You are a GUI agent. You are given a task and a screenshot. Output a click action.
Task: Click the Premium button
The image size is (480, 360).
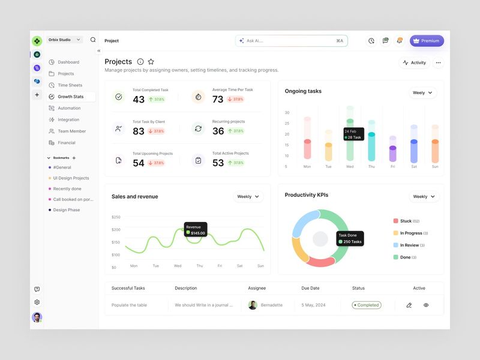pyautogui.click(x=427, y=41)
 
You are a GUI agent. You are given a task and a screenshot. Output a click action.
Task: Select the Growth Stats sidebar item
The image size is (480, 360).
pyautogui.click(x=71, y=97)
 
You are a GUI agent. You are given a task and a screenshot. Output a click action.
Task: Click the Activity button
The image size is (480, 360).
pyautogui.click(x=414, y=62)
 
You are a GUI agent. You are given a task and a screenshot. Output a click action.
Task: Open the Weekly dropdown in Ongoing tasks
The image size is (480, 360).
pyautogui.click(x=422, y=93)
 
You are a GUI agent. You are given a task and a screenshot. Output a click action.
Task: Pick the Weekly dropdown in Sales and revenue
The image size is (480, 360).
pyautogui.click(x=248, y=196)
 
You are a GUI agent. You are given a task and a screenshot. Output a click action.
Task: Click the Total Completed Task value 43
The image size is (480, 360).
pyautogui.click(x=139, y=100)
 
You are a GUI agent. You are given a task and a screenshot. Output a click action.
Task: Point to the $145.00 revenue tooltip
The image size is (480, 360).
pyautogui.click(x=196, y=230)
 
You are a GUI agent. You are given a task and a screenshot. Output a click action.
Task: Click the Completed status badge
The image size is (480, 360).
pyautogui.click(x=366, y=305)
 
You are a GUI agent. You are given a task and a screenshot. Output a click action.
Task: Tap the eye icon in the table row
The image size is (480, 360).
pyautogui.click(x=426, y=305)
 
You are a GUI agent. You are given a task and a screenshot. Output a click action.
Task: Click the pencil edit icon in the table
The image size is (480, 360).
pyautogui.click(x=409, y=305)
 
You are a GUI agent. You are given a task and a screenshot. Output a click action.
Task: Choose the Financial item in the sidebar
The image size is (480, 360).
pyautogui.click(x=66, y=143)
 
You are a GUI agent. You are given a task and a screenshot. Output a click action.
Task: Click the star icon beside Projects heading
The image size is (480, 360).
pyautogui.click(x=151, y=62)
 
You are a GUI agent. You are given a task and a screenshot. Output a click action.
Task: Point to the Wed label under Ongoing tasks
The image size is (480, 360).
pyautogui.click(x=350, y=166)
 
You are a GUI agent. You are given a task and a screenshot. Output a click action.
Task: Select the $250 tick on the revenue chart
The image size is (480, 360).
pyautogui.click(x=116, y=217)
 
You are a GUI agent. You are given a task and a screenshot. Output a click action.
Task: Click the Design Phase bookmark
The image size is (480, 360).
pyautogui.click(x=66, y=210)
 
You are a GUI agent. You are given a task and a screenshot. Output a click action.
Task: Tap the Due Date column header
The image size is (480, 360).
pyautogui.click(x=310, y=288)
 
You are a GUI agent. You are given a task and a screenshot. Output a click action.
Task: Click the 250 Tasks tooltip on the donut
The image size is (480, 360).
pyautogui.click(x=350, y=239)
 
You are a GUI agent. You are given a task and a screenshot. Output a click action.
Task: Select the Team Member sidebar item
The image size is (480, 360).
pyautogui.click(x=71, y=131)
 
